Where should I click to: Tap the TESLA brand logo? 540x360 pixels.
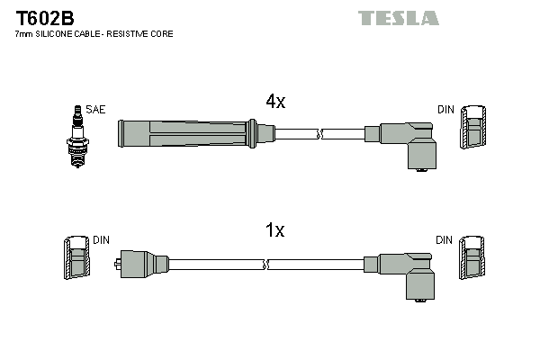(x=398, y=18)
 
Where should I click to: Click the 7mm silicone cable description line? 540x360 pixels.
(x=94, y=34)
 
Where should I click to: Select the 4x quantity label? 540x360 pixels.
(x=275, y=102)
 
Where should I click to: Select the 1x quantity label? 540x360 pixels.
(x=275, y=230)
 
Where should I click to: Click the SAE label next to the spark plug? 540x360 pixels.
(x=96, y=109)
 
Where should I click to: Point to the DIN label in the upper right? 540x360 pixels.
(x=446, y=109)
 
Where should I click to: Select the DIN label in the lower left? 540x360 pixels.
(x=101, y=240)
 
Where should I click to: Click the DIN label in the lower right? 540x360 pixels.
(x=445, y=240)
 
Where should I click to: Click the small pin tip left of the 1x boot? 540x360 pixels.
(x=119, y=264)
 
